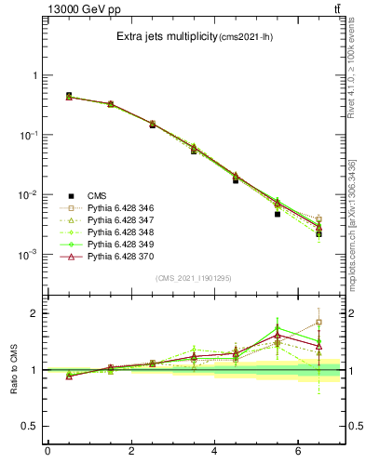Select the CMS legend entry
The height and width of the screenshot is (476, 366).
pos(97,195)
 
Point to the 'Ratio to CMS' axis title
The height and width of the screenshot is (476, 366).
pos(14,369)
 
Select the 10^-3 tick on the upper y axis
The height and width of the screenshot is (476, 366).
pos(31,254)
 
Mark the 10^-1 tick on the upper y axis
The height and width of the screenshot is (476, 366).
pos(31,135)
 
